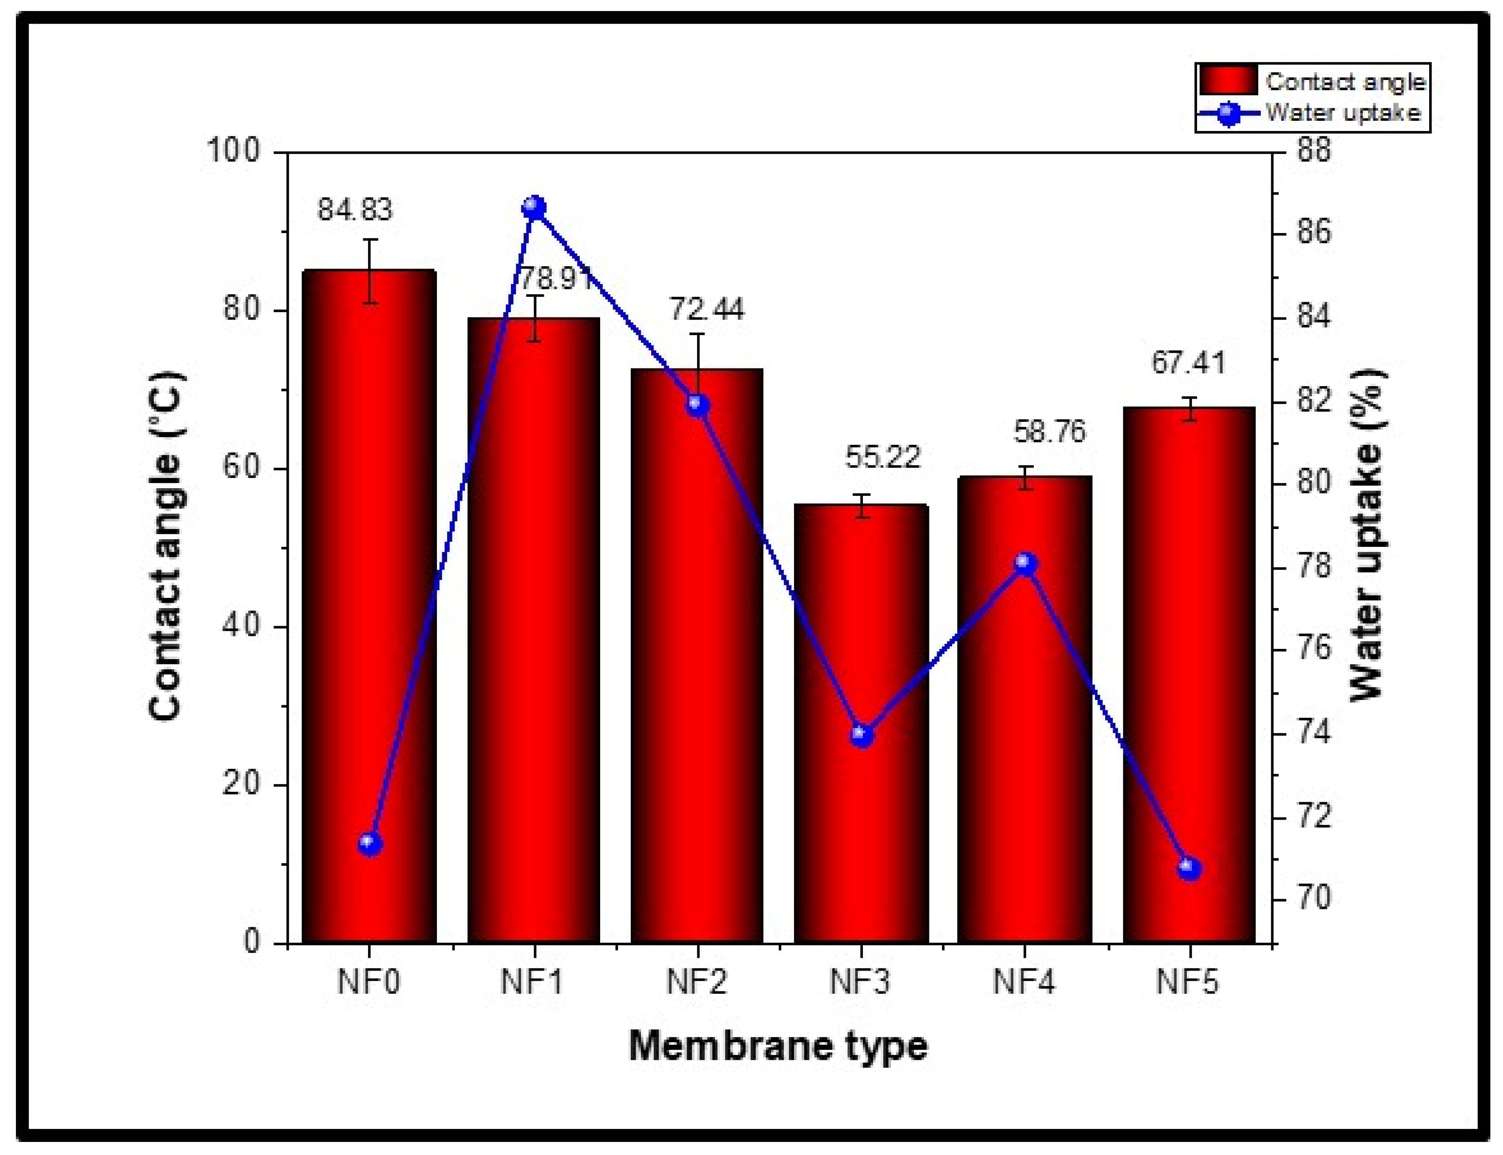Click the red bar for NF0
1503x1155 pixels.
(x=369, y=605)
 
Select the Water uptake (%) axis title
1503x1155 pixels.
(x=1368, y=536)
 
